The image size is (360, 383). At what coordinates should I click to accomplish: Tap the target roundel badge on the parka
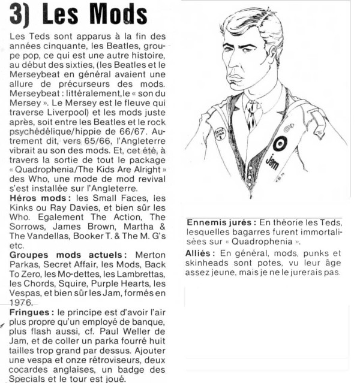[x=280, y=144]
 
